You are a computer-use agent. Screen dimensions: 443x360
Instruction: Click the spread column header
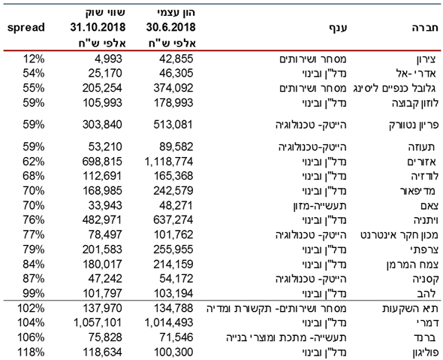(x=26, y=28)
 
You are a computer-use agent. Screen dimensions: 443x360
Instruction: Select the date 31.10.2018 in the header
(x=98, y=27)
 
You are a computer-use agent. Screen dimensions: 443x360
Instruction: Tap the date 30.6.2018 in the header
(x=170, y=27)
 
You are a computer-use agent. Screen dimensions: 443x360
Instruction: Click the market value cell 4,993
(x=108, y=59)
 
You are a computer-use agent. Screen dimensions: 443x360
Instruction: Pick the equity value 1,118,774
(x=169, y=162)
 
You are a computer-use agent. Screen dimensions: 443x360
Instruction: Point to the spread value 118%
(x=31, y=352)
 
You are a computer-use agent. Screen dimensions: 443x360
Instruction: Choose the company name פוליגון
(x=426, y=352)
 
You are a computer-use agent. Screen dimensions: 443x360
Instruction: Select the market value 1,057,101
(x=98, y=322)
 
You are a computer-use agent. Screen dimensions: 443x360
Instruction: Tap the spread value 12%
(x=34, y=59)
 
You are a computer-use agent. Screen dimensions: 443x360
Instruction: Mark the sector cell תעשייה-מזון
(x=320, y=206)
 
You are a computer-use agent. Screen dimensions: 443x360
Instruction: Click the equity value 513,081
(x=173, y=125)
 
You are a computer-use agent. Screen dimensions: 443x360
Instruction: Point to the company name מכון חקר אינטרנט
(x=399, y=235)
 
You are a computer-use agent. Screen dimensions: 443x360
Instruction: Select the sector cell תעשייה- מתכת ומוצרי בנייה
(x=286, y=337)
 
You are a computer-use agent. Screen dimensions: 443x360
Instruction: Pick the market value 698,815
(x=102, y=162)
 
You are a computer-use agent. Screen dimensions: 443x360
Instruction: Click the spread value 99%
(x=34, y=293)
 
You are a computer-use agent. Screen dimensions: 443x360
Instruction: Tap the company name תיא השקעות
(x=410, y=308)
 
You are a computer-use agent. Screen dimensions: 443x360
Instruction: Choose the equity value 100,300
(x=173, y=352)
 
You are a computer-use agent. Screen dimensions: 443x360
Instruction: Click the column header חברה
(x=425, y=28)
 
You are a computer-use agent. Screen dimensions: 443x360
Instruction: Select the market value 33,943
(x=105, y=206)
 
